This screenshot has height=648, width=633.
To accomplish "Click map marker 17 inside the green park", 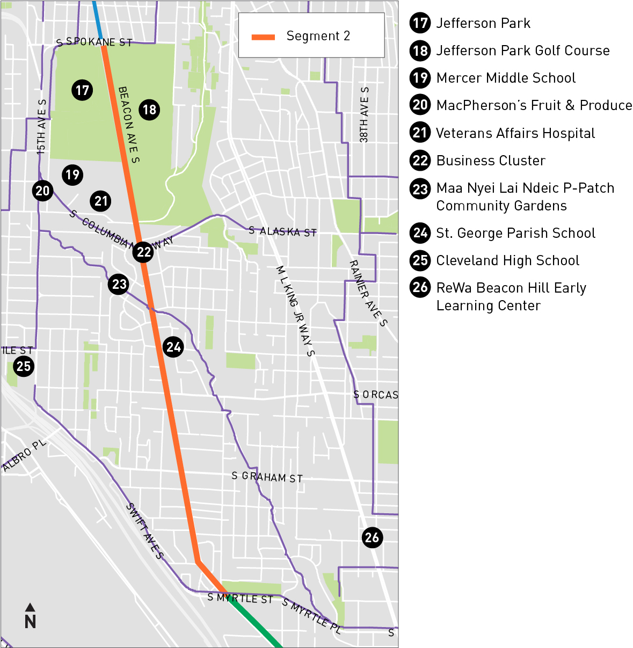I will tap(82, 90).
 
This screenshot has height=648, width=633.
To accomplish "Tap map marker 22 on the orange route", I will tap(144, 252).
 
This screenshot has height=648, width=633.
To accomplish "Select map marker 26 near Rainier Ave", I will tap(372, 537).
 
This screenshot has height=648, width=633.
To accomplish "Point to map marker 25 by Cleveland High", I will tap(24, 367).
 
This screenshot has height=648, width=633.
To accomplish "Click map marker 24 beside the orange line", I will tap(173, 347).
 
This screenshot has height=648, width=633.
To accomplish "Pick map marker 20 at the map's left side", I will tap(42, 191).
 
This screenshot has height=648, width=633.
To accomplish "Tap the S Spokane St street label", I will tap(94, 42).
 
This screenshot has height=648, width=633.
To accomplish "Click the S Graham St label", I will tap(267, 477).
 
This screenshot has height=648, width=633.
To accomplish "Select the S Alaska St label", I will tap(282, 231).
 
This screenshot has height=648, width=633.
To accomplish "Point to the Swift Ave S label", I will tap(144, 531).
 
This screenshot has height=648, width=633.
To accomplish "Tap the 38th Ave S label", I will tap(365, 115).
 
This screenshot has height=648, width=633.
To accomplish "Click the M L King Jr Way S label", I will tap(295, 310).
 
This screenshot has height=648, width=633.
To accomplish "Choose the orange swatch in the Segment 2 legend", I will tap(263, 37).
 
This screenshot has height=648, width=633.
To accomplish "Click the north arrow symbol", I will tap(30, 616).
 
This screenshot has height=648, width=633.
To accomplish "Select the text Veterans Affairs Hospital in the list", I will tap(515, 133).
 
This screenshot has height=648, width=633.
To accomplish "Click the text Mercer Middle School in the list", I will tap(506, 78).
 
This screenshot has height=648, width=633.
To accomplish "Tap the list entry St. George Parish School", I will tap(515, 233).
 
